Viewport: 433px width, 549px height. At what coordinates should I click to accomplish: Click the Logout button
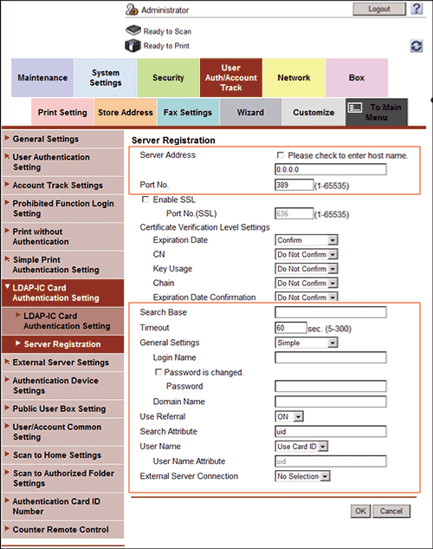pos(378,9)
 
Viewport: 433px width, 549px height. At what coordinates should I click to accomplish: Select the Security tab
pos(168,78)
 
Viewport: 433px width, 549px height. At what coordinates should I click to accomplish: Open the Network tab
pos(294,78)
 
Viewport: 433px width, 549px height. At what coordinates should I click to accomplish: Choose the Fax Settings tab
pos(188,112)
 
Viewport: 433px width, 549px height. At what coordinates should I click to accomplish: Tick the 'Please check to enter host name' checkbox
pos(280,155)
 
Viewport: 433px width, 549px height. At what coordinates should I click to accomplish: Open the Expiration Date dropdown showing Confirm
pos(306,240)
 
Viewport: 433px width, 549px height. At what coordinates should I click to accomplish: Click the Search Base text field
pos(330,313)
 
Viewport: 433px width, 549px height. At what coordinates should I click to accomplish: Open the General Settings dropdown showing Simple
pos(306,343)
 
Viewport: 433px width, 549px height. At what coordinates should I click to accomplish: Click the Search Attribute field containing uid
pos(330,431)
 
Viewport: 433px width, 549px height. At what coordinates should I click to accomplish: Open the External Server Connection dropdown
pos(303,476)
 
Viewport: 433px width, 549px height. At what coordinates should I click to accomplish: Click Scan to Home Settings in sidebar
pos(57,455)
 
